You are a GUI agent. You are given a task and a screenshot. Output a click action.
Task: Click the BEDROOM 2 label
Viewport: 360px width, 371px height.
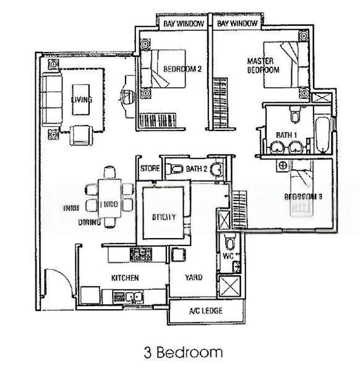(x=182, y=69)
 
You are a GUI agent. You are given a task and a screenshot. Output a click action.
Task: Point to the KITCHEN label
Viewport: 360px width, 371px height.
(x=124, y=278)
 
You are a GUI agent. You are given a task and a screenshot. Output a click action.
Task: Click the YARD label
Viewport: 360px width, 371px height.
(x=194, y=278)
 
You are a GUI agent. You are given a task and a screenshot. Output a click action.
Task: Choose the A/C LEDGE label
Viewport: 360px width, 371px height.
(x=205, y=310)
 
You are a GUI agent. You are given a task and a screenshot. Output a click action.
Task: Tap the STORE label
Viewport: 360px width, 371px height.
(x=150, y=168)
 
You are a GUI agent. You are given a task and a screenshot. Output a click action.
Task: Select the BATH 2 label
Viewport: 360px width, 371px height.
(x=195, y=168)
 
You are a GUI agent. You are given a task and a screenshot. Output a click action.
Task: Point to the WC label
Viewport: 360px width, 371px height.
(x=227, y=254)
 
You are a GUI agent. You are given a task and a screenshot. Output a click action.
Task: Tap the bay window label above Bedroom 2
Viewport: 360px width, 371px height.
(x=179, y=23)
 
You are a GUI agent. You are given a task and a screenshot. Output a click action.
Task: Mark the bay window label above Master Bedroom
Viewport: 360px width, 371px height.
(x=238, y=23)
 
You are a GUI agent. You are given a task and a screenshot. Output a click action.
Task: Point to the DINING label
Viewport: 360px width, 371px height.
(x=89, y=220)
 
